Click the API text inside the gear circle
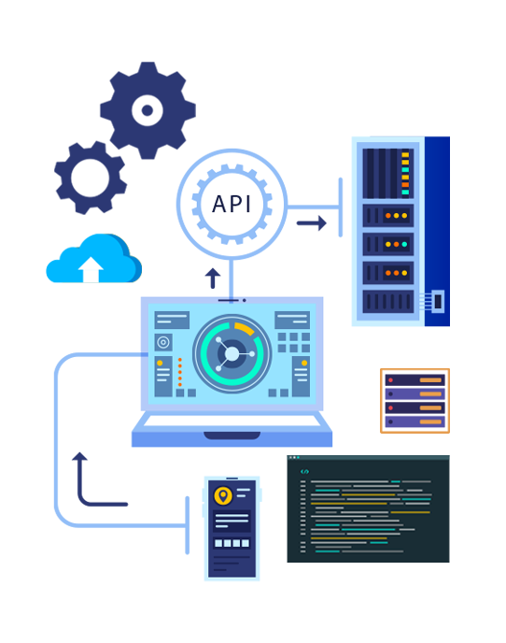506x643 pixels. [x=232, y=204]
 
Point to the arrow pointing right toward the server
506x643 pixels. [x=312, y=223]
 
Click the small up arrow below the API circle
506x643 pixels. [x=213, y=278]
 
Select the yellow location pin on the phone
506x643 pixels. [x=223, y=495]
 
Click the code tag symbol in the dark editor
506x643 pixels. [x=304, y=472]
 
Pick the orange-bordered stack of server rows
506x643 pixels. [x=415, y=401]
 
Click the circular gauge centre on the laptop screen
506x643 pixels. [x=232, y=353]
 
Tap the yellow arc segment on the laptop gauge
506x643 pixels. [x=245, y=328]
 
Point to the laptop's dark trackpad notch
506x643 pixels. [x=232, y=436]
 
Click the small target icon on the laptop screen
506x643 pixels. [x=163, y=342]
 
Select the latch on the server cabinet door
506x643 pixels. [x=437, y=301]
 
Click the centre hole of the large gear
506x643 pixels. [x=148, y=110]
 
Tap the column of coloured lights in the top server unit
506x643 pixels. [x=405, y=174]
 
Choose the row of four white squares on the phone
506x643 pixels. [x=232, y=543]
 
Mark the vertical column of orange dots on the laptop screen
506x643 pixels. [x=180, y=372]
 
